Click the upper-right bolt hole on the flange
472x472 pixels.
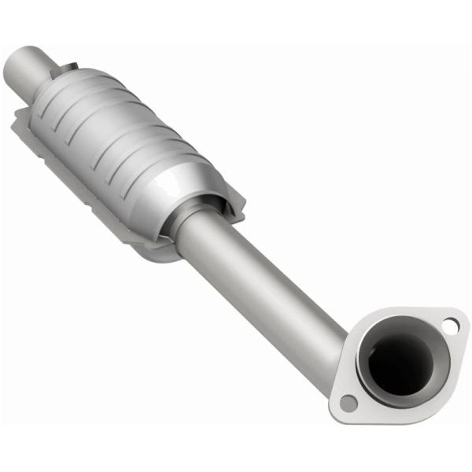point(450,324)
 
